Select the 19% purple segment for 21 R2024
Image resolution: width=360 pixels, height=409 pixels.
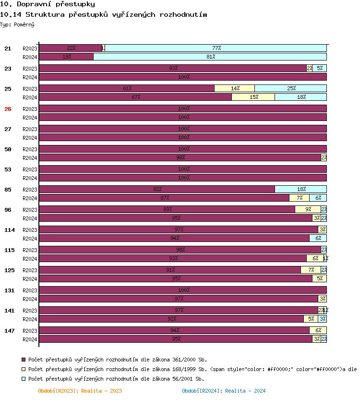(x=66, y=57)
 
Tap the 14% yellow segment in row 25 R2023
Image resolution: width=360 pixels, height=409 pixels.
(x=235, y=88)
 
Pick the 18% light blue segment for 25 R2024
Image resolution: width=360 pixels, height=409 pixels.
(x=301, y=97)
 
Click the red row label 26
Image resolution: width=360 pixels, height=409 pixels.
(x=8, y=109)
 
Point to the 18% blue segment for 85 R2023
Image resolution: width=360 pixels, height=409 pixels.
(x=301, y=189)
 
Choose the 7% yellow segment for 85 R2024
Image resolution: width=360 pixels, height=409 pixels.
(x=300, y=198)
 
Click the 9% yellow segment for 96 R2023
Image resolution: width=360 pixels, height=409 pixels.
(x=308, y=209)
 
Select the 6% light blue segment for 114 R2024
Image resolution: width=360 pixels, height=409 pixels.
(x=318, y=238)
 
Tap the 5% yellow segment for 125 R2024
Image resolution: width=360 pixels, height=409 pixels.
(x=320, y=278)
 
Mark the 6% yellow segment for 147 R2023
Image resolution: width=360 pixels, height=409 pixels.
(x=318, y=330)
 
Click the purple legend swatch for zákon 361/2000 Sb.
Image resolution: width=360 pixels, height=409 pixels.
(x=23, y=359)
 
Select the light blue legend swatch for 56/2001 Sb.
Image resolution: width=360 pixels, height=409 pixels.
(x=23, y=379)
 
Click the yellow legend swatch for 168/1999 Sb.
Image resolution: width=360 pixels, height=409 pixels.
(x=23, y=369)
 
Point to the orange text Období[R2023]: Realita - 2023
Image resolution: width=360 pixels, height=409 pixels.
(x=80, y=391)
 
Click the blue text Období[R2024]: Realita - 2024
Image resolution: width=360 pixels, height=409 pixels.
(x=224, y=391)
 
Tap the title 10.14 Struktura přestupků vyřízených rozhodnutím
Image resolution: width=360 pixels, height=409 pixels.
(x=104, y=14)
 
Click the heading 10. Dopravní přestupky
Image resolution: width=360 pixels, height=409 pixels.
(x=48, y=4)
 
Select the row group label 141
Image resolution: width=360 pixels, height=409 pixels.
(x=10, y=311)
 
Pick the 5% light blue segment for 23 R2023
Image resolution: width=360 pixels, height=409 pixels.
(x=320, y=68)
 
